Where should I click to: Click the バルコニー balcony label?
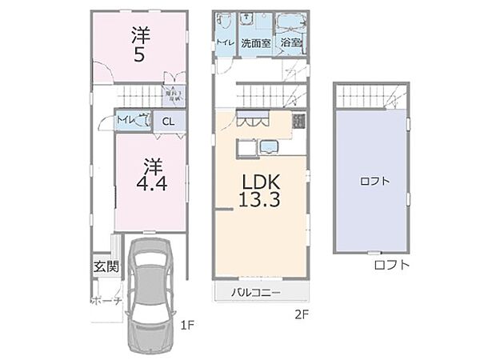(x=256, y=293)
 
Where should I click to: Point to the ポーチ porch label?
(x=105, y=302)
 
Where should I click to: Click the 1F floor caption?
(x=186, y=324)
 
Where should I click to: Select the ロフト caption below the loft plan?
(x=391, y=264)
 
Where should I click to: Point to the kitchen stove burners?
(x=299, y=122)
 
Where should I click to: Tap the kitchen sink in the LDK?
(x=266, y=146)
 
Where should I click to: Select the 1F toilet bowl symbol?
(x=144, y=121)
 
